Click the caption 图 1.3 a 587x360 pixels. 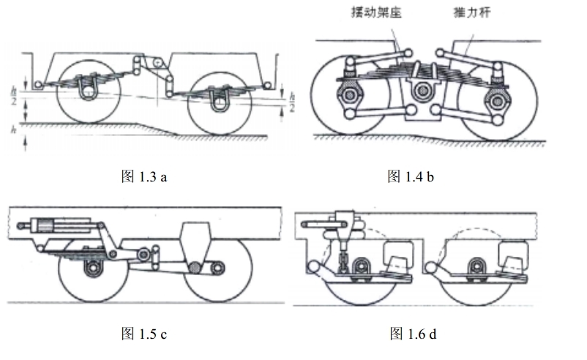coord(143,176)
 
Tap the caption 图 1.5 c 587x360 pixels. coord(143,334)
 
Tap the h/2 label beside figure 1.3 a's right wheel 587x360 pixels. coord(291,102)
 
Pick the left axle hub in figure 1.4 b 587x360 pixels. coord(348,95)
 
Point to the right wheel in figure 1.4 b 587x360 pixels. coord(498,99)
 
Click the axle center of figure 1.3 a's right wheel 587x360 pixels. coord(218,101)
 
